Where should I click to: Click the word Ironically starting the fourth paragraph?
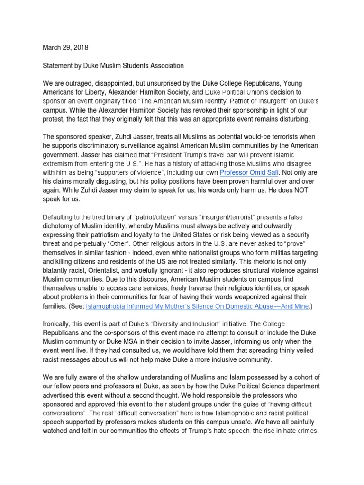(x=57, y=324)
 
